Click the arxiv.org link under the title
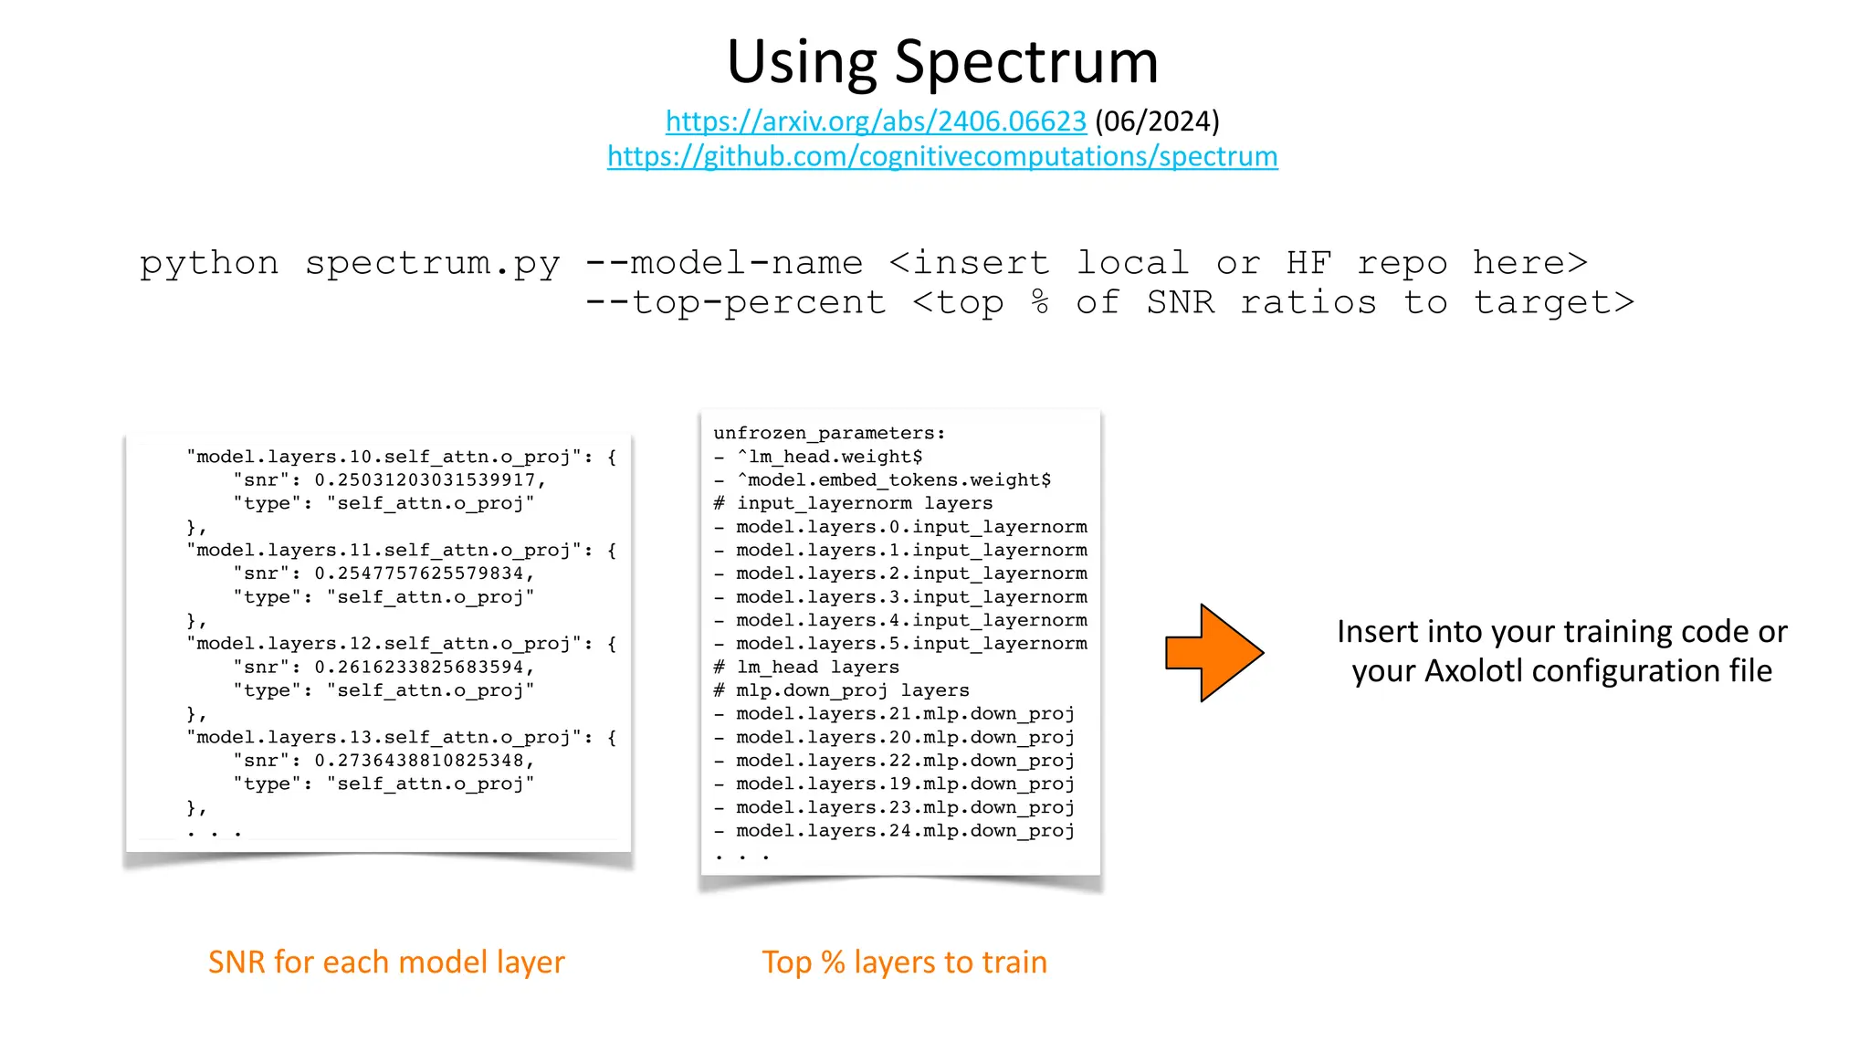point(875,121)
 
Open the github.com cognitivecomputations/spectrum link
point(941,156)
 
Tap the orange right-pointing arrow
point(1213,652)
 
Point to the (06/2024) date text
point(1157,121)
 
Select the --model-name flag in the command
point(723,263)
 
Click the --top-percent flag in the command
point(735,302)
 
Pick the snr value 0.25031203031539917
point(425,479)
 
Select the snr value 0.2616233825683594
point(419,667)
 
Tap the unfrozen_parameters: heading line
point(829,433)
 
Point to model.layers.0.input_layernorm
point(911,526)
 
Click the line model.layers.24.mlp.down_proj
point(905,830)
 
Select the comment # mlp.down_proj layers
point(841,690)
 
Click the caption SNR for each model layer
point(386,962)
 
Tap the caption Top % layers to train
point(904,962)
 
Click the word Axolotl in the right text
point(1473,671)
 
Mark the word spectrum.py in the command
point(432,263)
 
